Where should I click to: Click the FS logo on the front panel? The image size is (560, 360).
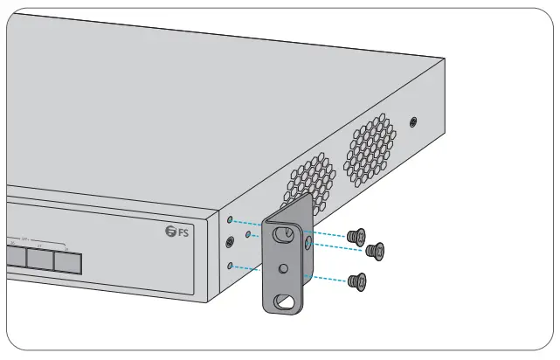click(177, 232)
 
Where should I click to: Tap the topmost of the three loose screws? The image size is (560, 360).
click(356, 235)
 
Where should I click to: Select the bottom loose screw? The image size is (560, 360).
click(356, 280)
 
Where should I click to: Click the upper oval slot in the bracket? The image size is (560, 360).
click(283, 234)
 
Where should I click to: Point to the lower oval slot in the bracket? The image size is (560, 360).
click(285, 301)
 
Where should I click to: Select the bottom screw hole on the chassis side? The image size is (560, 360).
click(229, 264)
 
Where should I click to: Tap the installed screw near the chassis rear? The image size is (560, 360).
click(413, 120)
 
